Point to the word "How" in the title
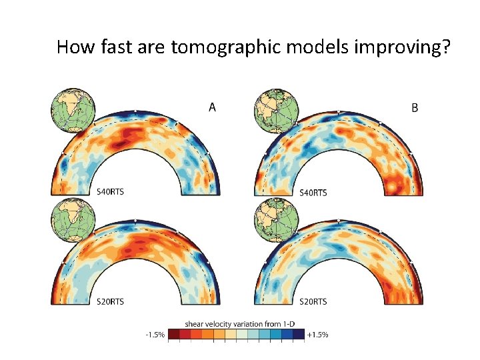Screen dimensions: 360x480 coord(73,47)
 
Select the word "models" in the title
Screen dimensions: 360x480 coord(291,47)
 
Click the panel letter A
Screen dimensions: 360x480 coord(212,107)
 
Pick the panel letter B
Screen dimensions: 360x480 coord(415,107)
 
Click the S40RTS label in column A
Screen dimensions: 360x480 coord(110,192)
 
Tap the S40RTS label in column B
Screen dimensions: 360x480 coord(313,193)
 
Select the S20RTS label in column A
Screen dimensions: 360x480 coord(110,302)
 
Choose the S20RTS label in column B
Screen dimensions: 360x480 coord(313,302)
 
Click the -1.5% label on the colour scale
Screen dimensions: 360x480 coord(155,335)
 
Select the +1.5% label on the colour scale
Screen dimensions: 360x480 coord(317,335)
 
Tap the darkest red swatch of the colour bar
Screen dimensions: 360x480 coord(173,334)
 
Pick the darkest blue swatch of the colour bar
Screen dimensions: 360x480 coord(298,334)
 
